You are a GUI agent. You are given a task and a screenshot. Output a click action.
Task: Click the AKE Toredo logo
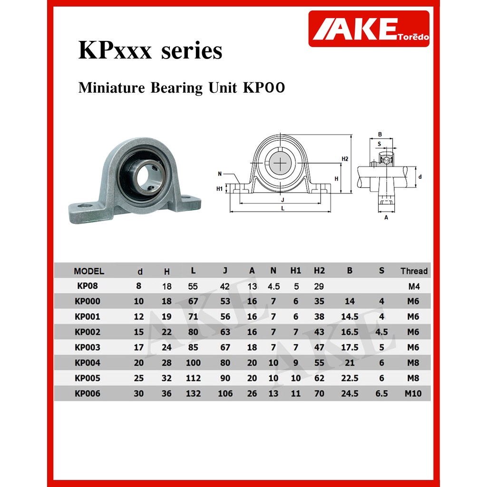click(369, 29)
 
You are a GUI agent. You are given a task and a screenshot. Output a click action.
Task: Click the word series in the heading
click(192, 50)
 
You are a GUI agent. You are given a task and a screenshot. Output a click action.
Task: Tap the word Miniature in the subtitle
click(111, 88)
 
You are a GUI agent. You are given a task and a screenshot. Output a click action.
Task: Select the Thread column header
click(414, 271)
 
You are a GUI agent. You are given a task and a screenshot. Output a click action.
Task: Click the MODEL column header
click(89, 271)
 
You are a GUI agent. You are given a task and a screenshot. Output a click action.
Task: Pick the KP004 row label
click(88, 362)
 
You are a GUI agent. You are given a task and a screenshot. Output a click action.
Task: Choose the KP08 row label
click(88, 286)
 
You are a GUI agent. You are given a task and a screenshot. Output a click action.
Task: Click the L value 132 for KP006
click(193, 393)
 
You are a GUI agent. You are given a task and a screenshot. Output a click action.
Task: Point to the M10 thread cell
click(413, 393)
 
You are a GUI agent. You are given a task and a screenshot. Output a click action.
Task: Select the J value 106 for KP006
click(225, 393)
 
